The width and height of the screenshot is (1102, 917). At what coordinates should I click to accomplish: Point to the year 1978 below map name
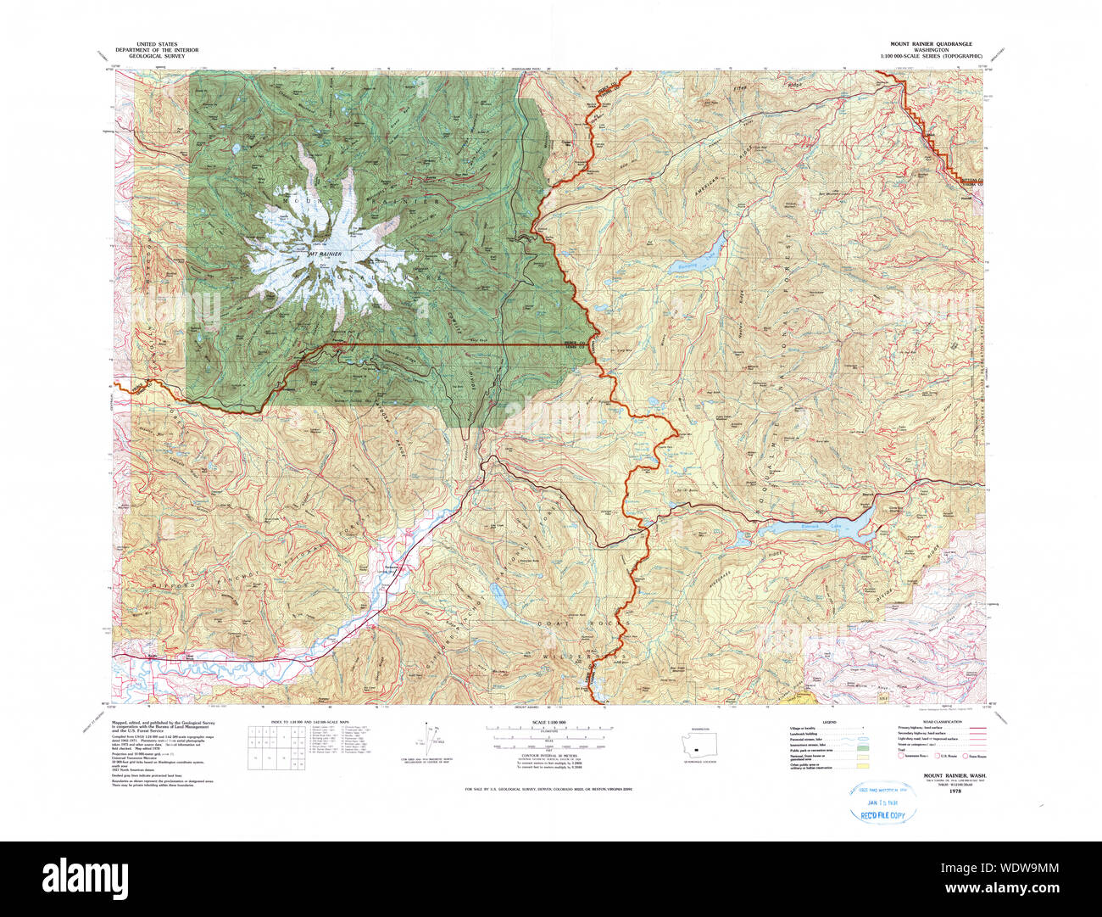[955, 790]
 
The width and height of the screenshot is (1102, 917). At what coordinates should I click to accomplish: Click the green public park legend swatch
[863, 751]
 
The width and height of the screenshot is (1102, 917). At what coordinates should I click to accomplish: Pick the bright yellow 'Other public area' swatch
[863, 767]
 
